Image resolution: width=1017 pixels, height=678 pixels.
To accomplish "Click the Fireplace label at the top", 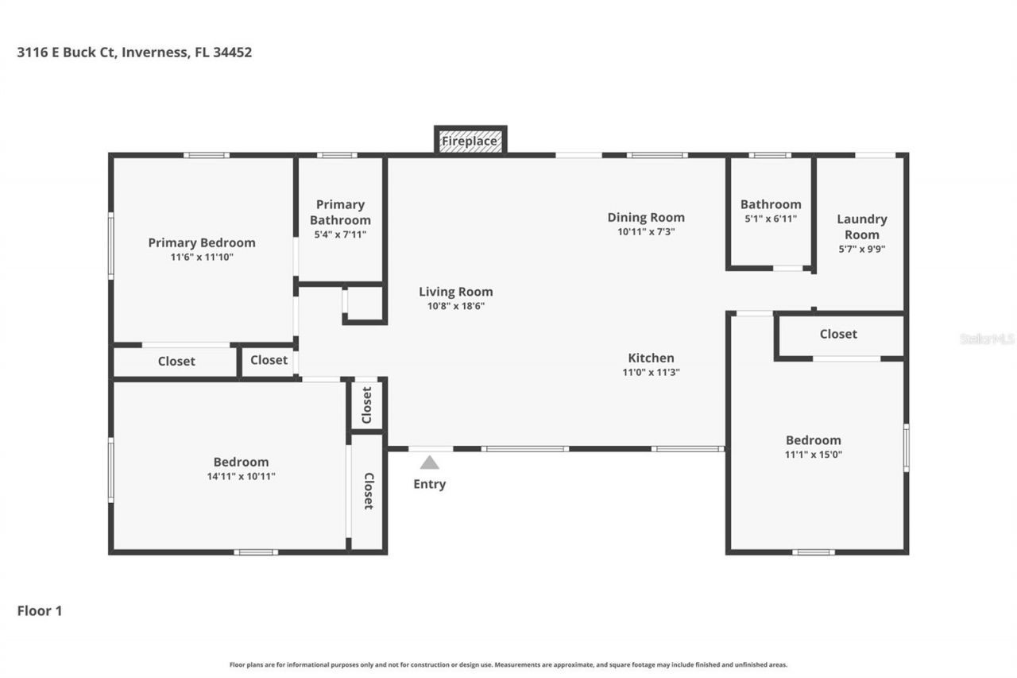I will (x=470, y=141).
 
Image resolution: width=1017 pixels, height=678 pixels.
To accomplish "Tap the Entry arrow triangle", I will (x=429, y=463).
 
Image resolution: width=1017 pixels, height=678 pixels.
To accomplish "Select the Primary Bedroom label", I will (x=202, y=242).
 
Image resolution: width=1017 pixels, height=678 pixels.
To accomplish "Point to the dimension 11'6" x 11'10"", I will (x=202, y=258).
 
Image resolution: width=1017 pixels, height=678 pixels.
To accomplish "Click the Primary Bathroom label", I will (x=340, y=212).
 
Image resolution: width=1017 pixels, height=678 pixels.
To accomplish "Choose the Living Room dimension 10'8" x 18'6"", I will (x=456, y=306).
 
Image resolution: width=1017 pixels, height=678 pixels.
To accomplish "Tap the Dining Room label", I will (x=646, y=217).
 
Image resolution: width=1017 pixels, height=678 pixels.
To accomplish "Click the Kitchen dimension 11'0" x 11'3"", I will (x=651, y=372).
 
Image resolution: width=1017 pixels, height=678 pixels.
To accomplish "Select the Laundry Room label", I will (x=862, y=227).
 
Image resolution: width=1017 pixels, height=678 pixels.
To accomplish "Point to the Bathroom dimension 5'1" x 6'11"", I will (x=770, y=219).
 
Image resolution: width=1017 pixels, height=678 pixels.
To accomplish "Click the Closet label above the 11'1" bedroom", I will (x=838, y=334).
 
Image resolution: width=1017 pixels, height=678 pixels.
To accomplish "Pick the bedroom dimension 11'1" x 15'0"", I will (x=813, y=455).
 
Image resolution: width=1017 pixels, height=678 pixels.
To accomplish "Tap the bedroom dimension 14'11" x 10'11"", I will (x=241, y=476).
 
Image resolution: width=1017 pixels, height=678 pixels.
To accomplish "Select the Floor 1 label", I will (x=40, y=610).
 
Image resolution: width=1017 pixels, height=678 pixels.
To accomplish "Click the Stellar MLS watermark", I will (x=987, y=339).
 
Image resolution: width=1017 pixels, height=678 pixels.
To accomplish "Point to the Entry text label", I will (x=429, y=484).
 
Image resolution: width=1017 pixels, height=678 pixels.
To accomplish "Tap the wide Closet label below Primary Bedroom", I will (x=176, y=361).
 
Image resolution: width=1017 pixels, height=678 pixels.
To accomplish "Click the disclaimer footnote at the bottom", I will (x=508, y=664).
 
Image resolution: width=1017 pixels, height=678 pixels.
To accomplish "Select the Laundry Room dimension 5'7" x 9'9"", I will (x=862, y=249).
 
